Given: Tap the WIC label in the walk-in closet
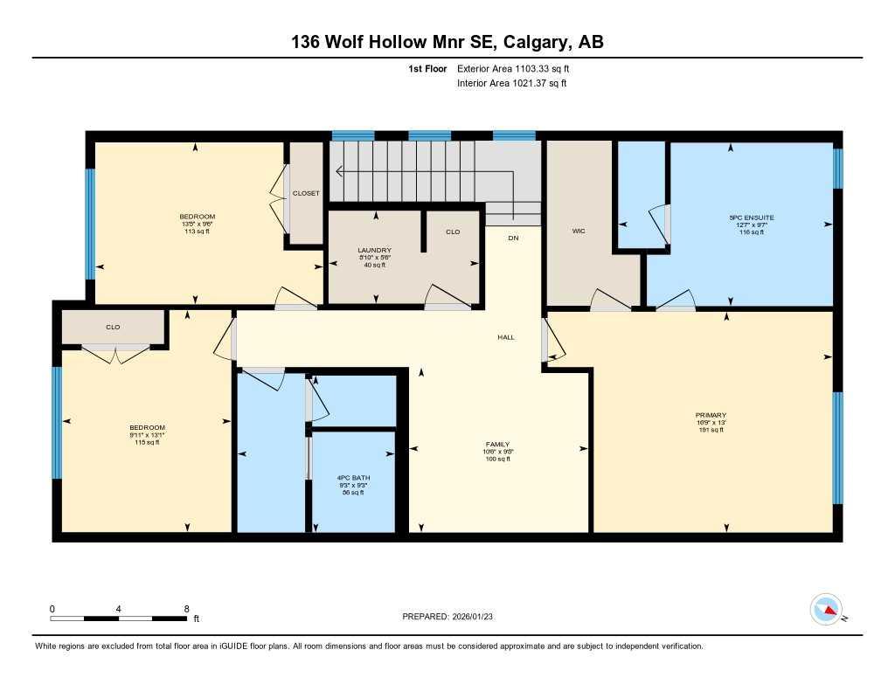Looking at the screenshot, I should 578,231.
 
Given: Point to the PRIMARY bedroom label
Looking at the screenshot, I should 711,415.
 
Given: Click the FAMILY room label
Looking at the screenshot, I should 498,444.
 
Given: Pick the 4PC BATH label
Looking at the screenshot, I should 350,477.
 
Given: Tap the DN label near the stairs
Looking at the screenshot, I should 513,238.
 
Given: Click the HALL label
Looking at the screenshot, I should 505,336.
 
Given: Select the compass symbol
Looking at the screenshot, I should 826,610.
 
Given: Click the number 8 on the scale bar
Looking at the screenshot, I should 186,609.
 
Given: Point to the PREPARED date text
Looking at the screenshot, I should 454,617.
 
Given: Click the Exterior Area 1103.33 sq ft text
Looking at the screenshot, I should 518,68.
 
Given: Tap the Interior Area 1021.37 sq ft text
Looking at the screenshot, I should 512,84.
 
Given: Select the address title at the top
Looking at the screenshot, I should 447,41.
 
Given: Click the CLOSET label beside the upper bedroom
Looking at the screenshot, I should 306,193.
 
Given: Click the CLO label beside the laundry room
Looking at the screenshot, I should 453,232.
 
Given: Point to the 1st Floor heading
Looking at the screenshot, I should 427,68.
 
